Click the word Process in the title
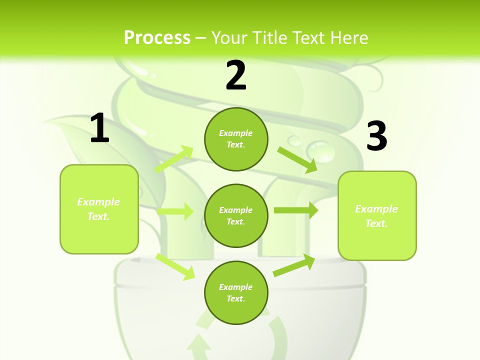coord(157,37)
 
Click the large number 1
coord(99,128)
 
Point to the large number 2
coord(236,75)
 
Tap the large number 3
coord(376,136)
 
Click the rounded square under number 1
coord(99,209)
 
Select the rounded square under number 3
coord(377,215)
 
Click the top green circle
coord(236,139)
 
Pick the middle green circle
coord(236,215)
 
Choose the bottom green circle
coord(236,292)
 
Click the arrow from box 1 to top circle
coord(174,159)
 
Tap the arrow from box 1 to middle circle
coord(174,211)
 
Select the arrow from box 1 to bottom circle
coord(175,266)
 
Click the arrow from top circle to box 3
coord(297,159)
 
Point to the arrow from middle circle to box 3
coord(295,210)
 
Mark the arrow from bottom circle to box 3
coord(294,265)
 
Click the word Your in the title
coord(229,37)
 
